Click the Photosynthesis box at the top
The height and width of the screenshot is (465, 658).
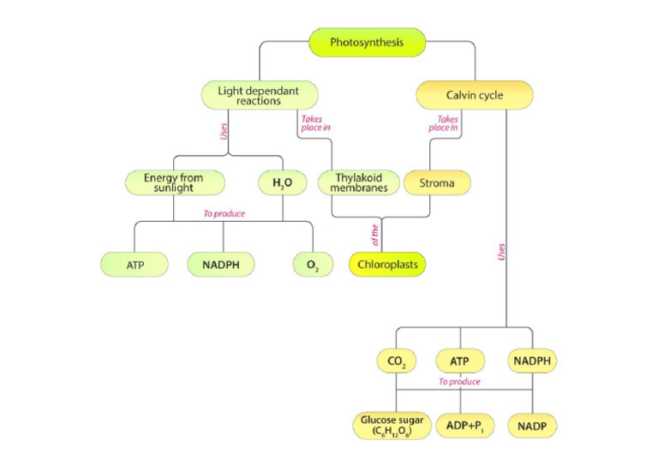click(367, 42)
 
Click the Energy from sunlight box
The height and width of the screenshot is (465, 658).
click(175, 182)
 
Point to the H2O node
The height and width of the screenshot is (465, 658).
click(282, 182)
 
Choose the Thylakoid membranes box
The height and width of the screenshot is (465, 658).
click(354, 182)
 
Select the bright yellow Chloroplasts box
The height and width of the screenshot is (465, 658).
click(387, 265)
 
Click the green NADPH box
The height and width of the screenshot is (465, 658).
click(222, 265)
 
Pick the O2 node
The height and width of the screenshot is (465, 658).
click(312, 265)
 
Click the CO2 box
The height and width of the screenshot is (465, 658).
click(397, 361)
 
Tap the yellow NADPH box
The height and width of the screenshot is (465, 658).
click(533, 361)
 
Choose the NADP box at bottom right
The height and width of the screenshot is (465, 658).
click(533, 424)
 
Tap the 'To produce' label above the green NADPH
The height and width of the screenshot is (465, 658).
click(225, 212)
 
